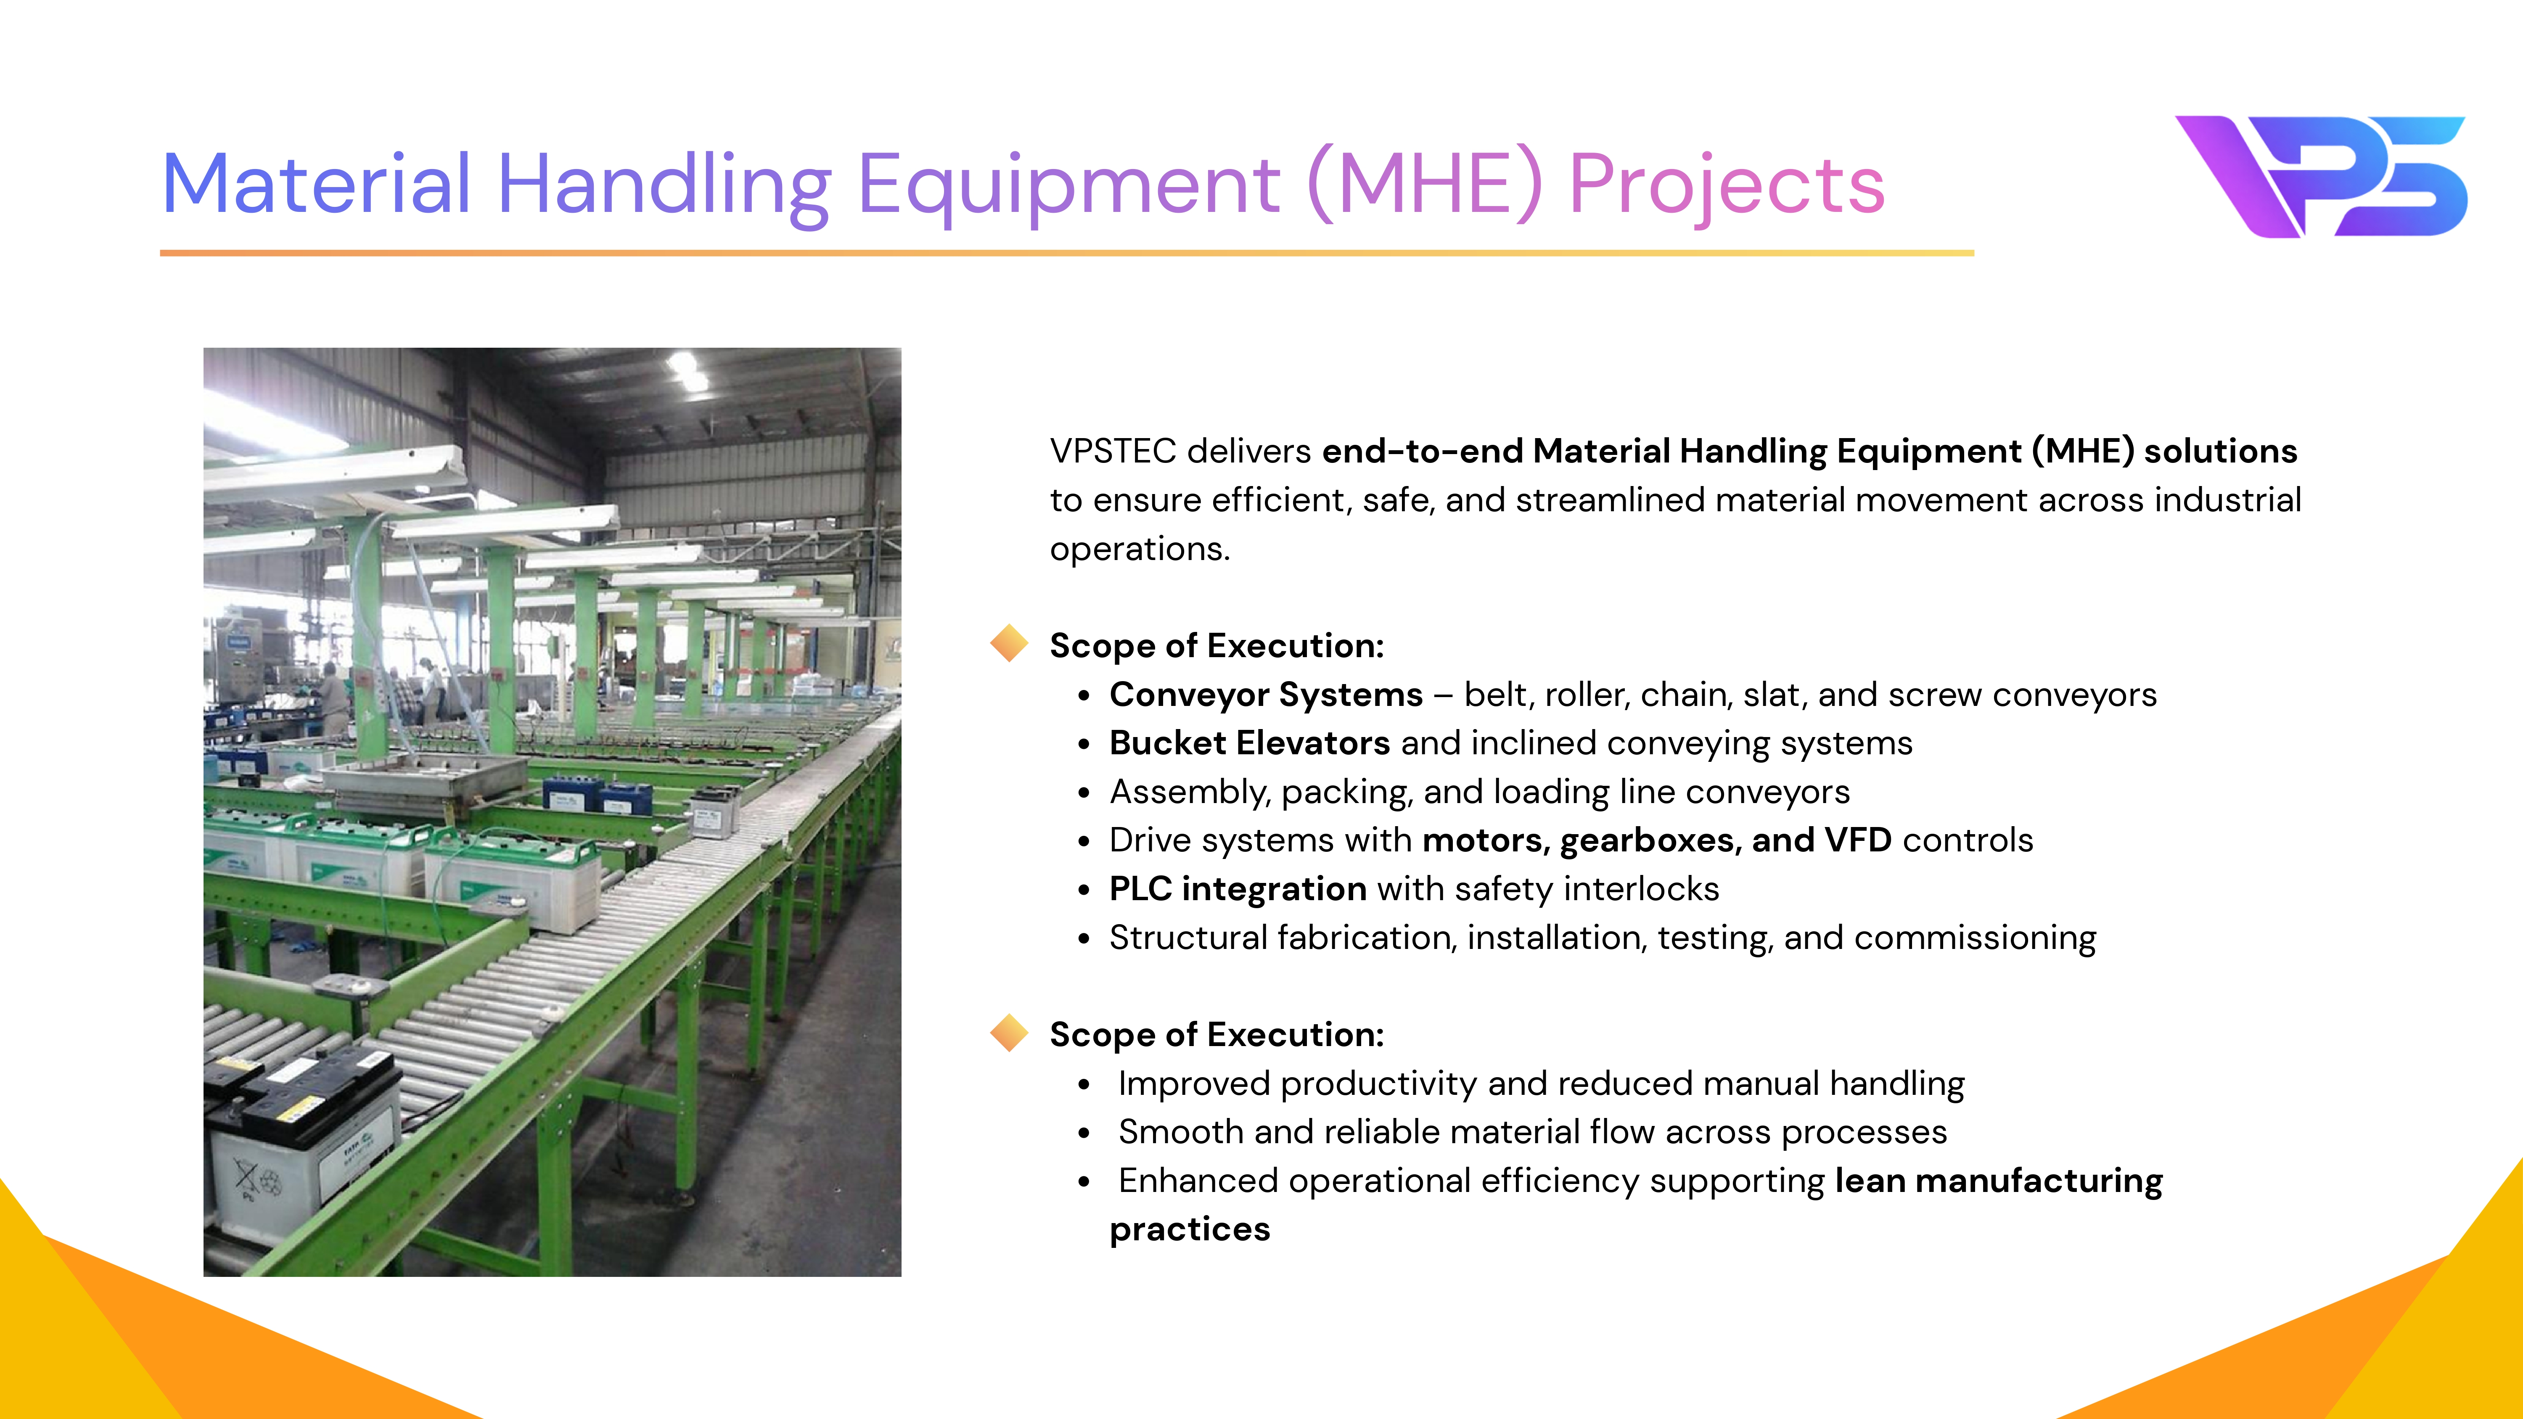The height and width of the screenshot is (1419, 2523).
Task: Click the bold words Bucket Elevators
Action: (x=1249, y=743)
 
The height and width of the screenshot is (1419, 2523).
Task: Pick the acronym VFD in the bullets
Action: (x=1858, y=840)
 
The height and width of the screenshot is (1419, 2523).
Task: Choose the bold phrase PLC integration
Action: (x=1238, y=889)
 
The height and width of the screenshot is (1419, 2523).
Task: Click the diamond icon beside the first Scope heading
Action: (x=1009, y=643)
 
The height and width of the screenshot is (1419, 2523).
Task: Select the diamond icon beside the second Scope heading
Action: (x=1009, y=1032)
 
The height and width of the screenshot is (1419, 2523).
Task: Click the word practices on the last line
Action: (x=1189, y=1230)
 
